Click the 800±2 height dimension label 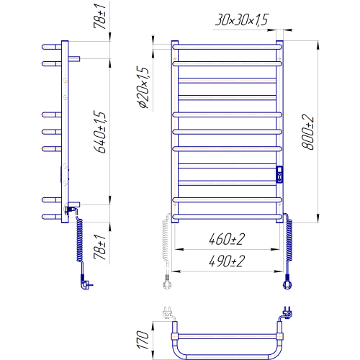[x=307, y=132]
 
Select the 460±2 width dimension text [x=227, y=239]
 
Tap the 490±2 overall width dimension [x=227, y=261]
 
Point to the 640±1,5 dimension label [x=99, y=132]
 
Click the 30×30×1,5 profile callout [x=241, y=19]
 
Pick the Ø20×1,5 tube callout [x=143, y=87]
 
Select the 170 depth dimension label [x=143, y=340]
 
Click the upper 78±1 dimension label [x=99, y=17]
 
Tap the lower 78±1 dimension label [x=99, y=247]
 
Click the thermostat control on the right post [x=279, y=174]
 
